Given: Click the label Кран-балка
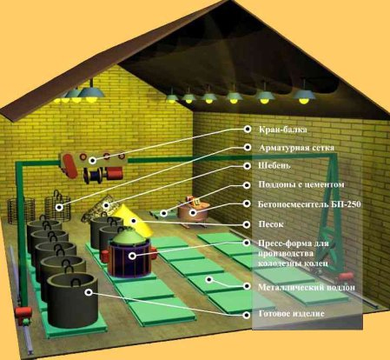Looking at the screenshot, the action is pyautogui.click(x=282, y=130).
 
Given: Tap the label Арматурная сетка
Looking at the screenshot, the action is pyautogui.click(x=296, y=148).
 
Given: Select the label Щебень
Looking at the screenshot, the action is pyautogui.click(x=274, y=165).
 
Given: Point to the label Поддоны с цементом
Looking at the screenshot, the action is pyautogui.click(x=301, y=184).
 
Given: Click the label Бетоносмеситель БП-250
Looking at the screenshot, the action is pyautogui.click(x=309, y=204).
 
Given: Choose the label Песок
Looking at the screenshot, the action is pyautogui.click(x=271, y=224).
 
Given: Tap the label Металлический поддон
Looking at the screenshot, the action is pyautogui.click(x=307, y=287).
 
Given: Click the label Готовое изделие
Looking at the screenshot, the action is pyautogui.click(x=291, y=314).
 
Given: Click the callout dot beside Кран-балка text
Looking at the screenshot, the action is pyautogui.click(x=248, y=129).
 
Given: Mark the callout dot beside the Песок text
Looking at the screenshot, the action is pyautogui.click(x=247, y=224).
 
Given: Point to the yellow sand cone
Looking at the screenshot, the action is pyautogui.click(x=133, y=220).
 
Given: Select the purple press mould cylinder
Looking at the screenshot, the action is pyautogui.click(x=129, y=258).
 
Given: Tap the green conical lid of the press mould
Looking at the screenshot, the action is pyautogui.click(x=129, y=236).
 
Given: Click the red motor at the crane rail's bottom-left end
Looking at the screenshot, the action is pyautogui.click(x=23, y=312).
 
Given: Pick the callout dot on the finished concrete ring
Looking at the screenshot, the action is pyautogui.click(x=89, y=292).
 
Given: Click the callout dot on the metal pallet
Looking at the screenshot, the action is pyautogui.click(x=209, y=279).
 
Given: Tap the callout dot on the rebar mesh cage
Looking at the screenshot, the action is pyautogui.click(x=59, y=207).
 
